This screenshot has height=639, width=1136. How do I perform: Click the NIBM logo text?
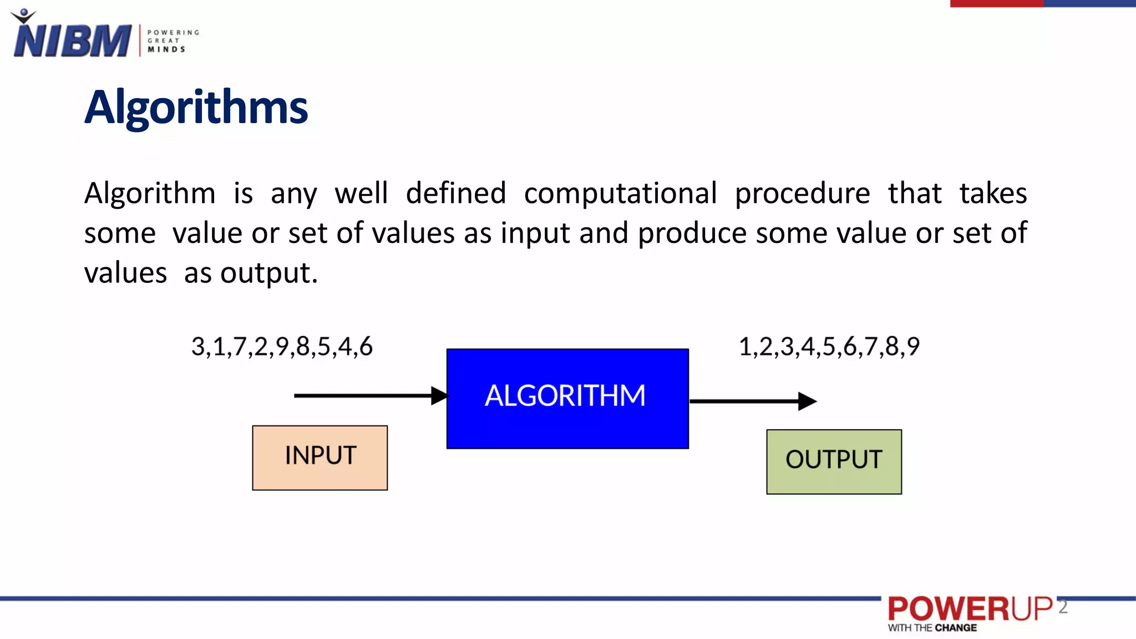pyautogui.click(x=72, y=40)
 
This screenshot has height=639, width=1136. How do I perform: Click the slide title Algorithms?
pyautogui.click(x=196, y=107)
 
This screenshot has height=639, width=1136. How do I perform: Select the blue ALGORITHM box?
pyautogui.click(x=567, y=398)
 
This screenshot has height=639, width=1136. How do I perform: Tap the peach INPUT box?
pyautogui.click(x=319, y=458)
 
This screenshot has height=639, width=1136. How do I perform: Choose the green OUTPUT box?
pyautogui.click(x=834, y=461)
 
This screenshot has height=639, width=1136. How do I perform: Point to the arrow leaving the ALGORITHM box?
pyautogui.click(x=752, y=400)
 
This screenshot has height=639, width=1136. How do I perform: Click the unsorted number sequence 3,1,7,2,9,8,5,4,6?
pyautogui.click(x=282, y=347)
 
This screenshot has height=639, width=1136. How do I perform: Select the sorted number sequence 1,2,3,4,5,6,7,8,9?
pyautogui.click(x=829, y=347)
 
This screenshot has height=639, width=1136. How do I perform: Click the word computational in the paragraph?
pyautogui.click(x=620, y=194)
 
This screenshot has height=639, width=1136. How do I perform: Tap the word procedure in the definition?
pyautogui.click(x=802, y=194)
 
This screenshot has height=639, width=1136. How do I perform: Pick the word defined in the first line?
pyautogui.click(x=455, y=194)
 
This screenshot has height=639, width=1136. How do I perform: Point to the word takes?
pyautogui.click(x=993, y=194)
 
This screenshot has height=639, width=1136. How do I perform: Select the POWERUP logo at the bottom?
pyautogui.click(x=969, y=608)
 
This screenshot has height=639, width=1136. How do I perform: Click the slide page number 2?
pyautogui.click(x=1062, y=607)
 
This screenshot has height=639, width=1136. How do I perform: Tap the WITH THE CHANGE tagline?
pyautogui.click(x=932, y=628)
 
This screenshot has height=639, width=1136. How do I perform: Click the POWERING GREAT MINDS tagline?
pyautogui.click(x=173, y=41)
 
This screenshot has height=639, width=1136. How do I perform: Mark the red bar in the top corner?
pyautogui.click(x=996, y=3)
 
